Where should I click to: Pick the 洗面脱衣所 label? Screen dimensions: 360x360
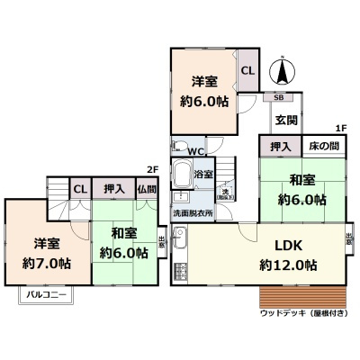point(193,213)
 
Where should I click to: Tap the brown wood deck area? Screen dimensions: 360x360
point(301,296)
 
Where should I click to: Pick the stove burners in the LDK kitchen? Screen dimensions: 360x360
point(179,269)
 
